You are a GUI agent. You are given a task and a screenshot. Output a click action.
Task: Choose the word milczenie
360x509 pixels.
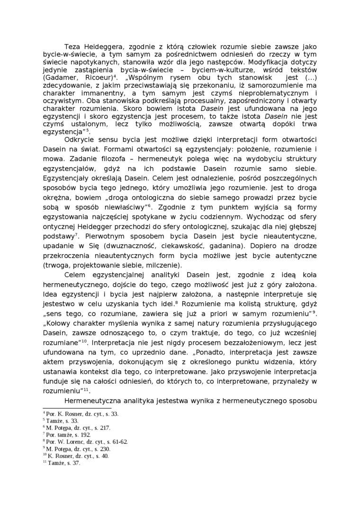pos(162,265)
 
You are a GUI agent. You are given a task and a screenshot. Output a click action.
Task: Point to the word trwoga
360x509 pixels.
pos(58,265)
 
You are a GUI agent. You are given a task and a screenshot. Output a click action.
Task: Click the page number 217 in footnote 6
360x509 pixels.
pos(103,428)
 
